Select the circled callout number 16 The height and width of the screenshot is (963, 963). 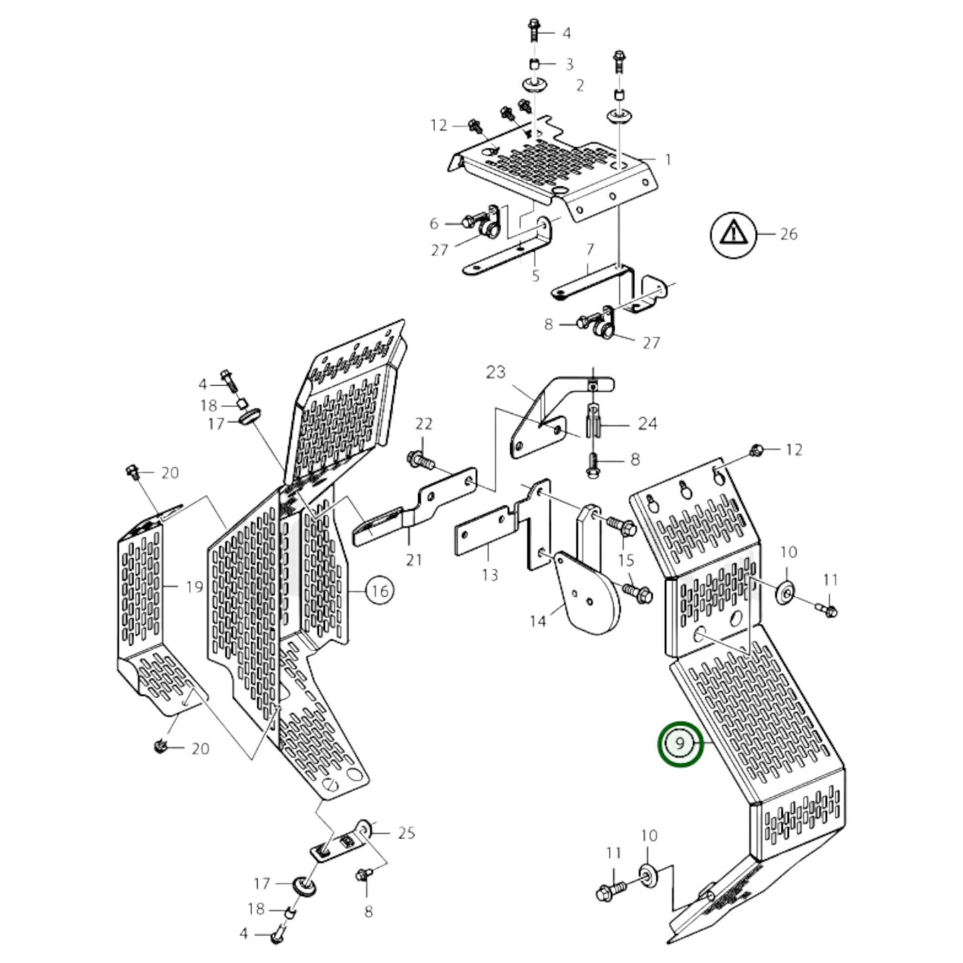click(x=380, y=591)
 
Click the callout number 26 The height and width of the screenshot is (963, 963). click(x=788, y=234)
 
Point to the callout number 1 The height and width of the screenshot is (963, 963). click(x=668, y=160)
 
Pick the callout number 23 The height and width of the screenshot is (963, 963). click(x=495, y=372)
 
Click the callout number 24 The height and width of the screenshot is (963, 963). click(x=647, y=424)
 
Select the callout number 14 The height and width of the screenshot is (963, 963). click(x=538, y=621)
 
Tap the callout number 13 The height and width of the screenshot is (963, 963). click(x=490, y=576)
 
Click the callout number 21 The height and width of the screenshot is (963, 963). click(x=414, y=560)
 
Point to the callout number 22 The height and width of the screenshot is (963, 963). click(x=424, y=424)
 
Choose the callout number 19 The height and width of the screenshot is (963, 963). click(x=194, y=587)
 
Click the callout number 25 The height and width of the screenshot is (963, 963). click(x=407, y=833)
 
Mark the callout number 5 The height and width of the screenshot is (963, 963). click(x=535, y=276)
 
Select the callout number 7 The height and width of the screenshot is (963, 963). click(x=590, y=249)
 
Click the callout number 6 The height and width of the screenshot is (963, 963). click(x=434, y=224)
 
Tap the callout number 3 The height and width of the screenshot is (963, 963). click(x=569, y=65)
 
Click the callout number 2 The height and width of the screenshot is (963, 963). click(x=580, y=86)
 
